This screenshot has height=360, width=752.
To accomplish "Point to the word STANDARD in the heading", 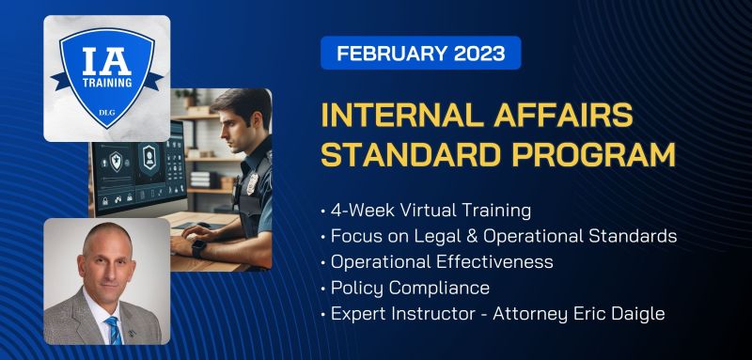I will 405,155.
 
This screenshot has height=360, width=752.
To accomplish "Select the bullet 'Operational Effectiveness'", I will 441,261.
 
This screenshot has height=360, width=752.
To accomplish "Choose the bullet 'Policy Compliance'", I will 410,288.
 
